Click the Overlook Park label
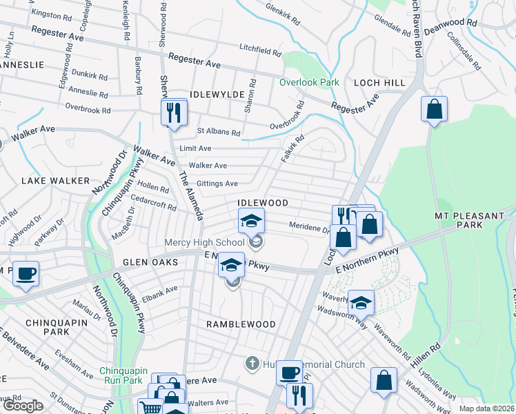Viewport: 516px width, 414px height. point(309,82)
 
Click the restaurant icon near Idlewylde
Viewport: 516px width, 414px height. point(174,112)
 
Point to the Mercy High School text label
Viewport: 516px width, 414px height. point(204,242)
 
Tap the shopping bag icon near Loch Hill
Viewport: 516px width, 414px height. point(434,109)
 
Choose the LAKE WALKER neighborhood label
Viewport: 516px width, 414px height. point(55,181)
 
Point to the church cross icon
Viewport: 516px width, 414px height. point(252,363)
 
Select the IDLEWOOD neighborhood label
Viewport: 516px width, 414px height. point(262,203)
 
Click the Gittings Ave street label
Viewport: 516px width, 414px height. point(217,184)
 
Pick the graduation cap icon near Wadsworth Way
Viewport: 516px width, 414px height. point(361,302)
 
